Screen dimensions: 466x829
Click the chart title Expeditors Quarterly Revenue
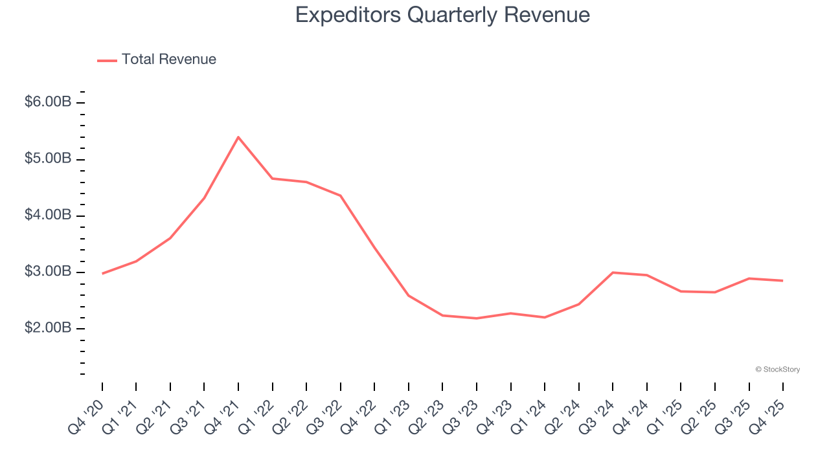442,15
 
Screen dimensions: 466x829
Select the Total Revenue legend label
168,60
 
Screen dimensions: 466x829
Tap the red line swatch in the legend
107,60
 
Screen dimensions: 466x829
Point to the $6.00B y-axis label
48,102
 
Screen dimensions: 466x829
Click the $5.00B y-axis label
48,159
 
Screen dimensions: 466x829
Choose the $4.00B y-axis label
48,215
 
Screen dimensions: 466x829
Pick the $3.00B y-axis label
48,271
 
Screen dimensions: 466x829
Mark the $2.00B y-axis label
48,328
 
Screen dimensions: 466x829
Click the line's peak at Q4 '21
238,137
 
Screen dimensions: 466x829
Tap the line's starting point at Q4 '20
102,274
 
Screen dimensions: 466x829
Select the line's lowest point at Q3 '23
477,318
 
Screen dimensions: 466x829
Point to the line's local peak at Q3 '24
613,272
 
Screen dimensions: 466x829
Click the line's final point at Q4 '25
782,281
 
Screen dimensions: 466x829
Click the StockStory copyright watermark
777,370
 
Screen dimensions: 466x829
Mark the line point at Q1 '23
409,296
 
